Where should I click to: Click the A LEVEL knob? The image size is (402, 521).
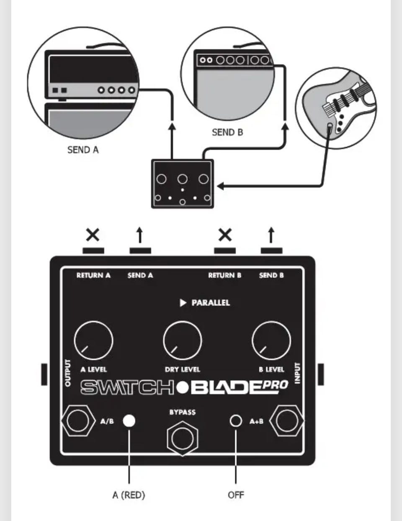[93, 340]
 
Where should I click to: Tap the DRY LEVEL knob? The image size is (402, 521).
[182, 340]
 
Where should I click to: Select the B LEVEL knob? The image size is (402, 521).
[271, 340]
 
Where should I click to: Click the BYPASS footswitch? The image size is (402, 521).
[182, 438]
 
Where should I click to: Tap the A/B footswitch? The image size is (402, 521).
[78, 420]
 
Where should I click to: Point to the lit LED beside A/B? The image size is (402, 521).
[129, 420]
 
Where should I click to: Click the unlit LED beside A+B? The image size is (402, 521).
[236, 420]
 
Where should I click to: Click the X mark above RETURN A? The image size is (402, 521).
[93, 235]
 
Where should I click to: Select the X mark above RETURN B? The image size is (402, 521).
[225, 235]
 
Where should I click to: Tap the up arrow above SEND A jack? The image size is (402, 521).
[140, 235]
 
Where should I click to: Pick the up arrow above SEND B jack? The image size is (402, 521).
[271, 235]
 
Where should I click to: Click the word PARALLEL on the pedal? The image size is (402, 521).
[211, 303]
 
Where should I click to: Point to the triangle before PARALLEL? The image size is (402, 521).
[183, 303]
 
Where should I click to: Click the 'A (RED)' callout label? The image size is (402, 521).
[129, 495]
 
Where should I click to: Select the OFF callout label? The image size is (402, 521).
[236, 495]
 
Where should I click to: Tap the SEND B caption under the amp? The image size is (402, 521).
[227, 132]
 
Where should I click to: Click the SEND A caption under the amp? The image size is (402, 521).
[83, 150]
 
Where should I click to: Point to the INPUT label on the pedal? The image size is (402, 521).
[298, 373]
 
